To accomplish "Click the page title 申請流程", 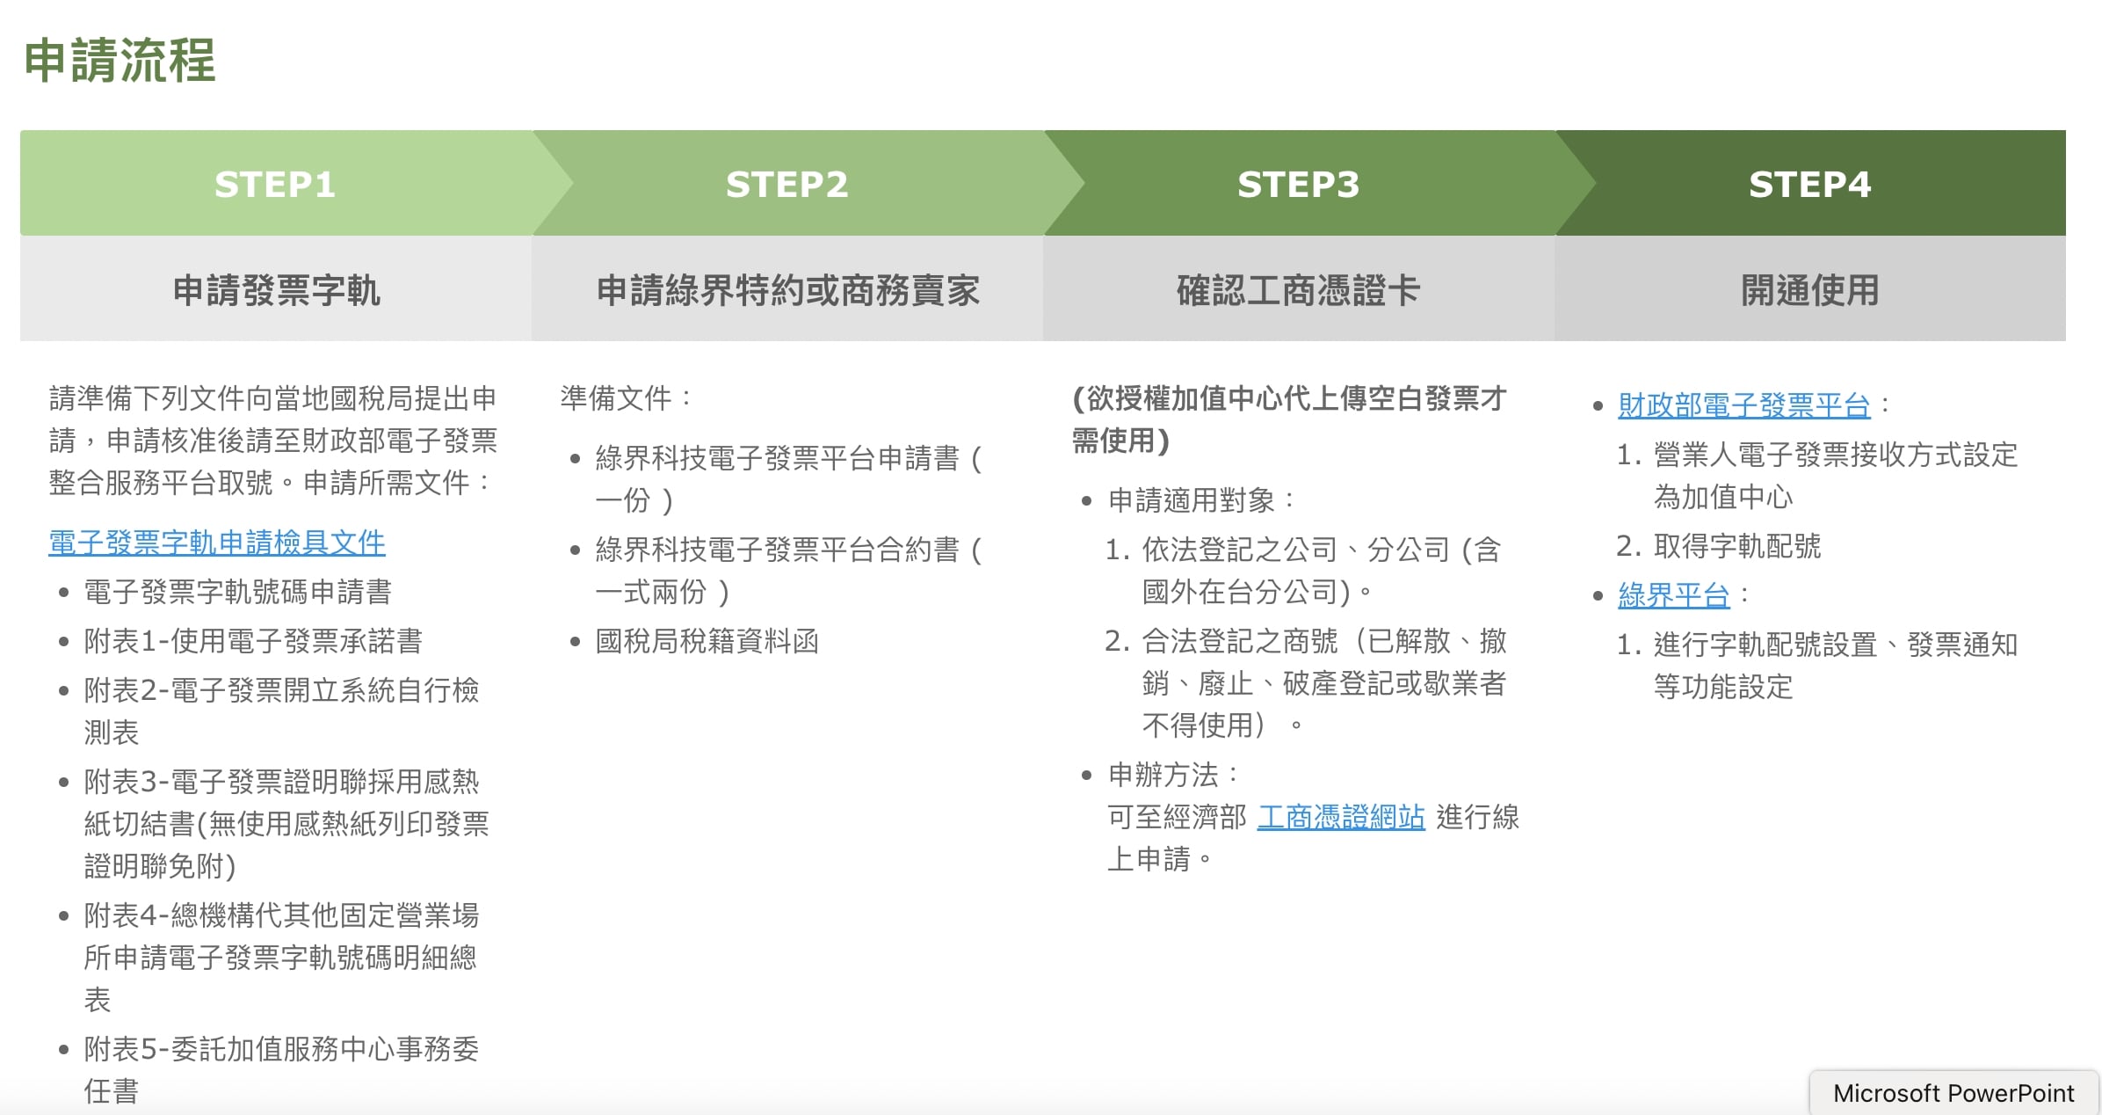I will point(120,61).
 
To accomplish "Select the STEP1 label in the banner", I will point(275,185).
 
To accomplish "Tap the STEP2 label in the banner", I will point(786,185).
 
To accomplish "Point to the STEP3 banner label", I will point(1298,185).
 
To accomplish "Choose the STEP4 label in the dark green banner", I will point(1809,185).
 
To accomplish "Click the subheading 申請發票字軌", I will point(276,290).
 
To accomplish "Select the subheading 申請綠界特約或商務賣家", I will point(787,290).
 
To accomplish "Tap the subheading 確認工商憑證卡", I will point(1298,290).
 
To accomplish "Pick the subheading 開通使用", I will point(1809,290).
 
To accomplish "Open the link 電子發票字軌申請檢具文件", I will point(217,543).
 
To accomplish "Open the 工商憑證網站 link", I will point(1341,817).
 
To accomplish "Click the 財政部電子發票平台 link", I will point(1743,405).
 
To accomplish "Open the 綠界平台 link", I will point(1673,595).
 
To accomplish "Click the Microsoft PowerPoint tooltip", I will point(1953,1093).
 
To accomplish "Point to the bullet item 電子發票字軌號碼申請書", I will point(237,592).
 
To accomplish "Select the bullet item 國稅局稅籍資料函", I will point(707,641).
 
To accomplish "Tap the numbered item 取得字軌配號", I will point(1736,546).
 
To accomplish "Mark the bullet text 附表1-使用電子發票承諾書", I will point(253,641).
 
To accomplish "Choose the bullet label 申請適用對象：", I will point(1201,500).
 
